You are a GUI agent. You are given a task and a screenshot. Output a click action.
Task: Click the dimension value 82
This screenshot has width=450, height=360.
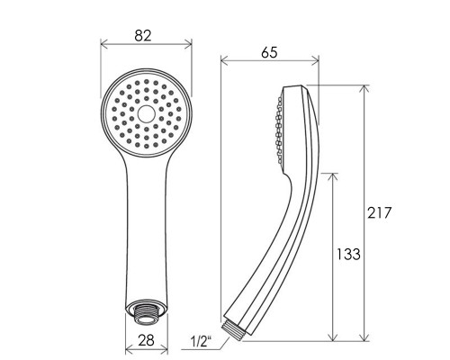click(143, 36)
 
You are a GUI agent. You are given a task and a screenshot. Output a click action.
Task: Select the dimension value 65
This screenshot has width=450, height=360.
click(269, 53)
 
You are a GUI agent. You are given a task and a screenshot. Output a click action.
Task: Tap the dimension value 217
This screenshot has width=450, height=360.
click(380, 212)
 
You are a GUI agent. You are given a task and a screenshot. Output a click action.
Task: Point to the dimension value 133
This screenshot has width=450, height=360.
click(347, 254)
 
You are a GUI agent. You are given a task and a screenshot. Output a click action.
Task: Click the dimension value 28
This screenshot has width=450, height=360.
click(146, 340)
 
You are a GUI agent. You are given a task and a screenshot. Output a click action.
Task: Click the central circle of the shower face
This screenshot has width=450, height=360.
click(147, 113)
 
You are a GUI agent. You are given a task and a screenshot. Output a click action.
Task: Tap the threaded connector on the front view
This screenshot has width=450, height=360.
click(147, 317)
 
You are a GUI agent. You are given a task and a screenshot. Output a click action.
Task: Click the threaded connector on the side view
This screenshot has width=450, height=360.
click(233, 330)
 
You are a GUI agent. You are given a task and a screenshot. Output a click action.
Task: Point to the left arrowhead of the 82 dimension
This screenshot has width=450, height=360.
click(103, 44)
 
